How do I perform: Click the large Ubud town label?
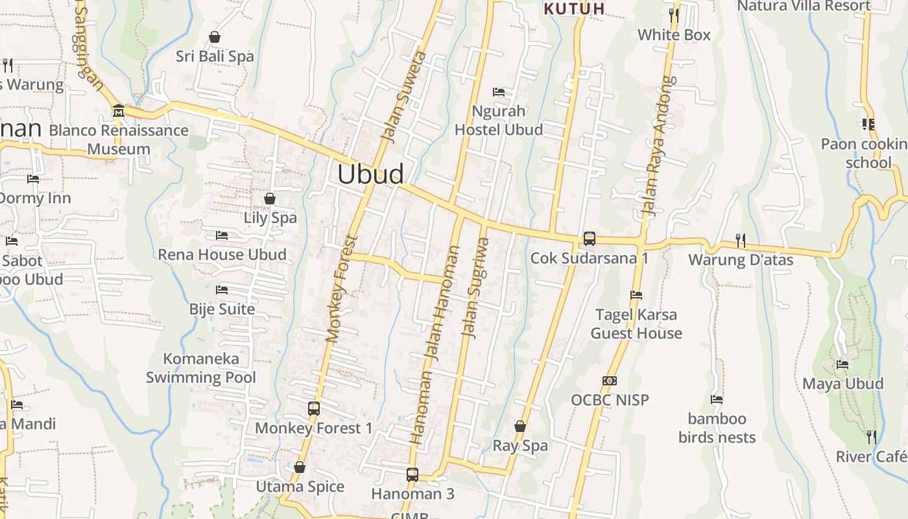[371, 174]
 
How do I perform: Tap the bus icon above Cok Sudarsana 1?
[589, 238]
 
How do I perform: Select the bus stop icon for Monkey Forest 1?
[314, 408]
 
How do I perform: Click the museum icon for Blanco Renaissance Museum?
[118, 111]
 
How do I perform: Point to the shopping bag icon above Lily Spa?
[269, 199]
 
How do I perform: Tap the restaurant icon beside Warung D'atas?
[740, 240]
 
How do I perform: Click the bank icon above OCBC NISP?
[609, 381]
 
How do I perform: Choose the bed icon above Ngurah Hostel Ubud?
[498, 91]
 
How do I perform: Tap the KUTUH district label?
[574, 9]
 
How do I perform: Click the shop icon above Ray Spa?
[520, 426]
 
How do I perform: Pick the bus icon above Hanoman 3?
[412, 474]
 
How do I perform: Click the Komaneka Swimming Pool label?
[200, 368]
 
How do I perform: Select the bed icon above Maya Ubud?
[842, 365]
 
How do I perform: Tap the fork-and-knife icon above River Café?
[871, 437]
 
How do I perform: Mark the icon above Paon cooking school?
[868, 124]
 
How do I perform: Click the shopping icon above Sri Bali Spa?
[215, 37]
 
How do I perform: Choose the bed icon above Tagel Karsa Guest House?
[636, 295]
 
